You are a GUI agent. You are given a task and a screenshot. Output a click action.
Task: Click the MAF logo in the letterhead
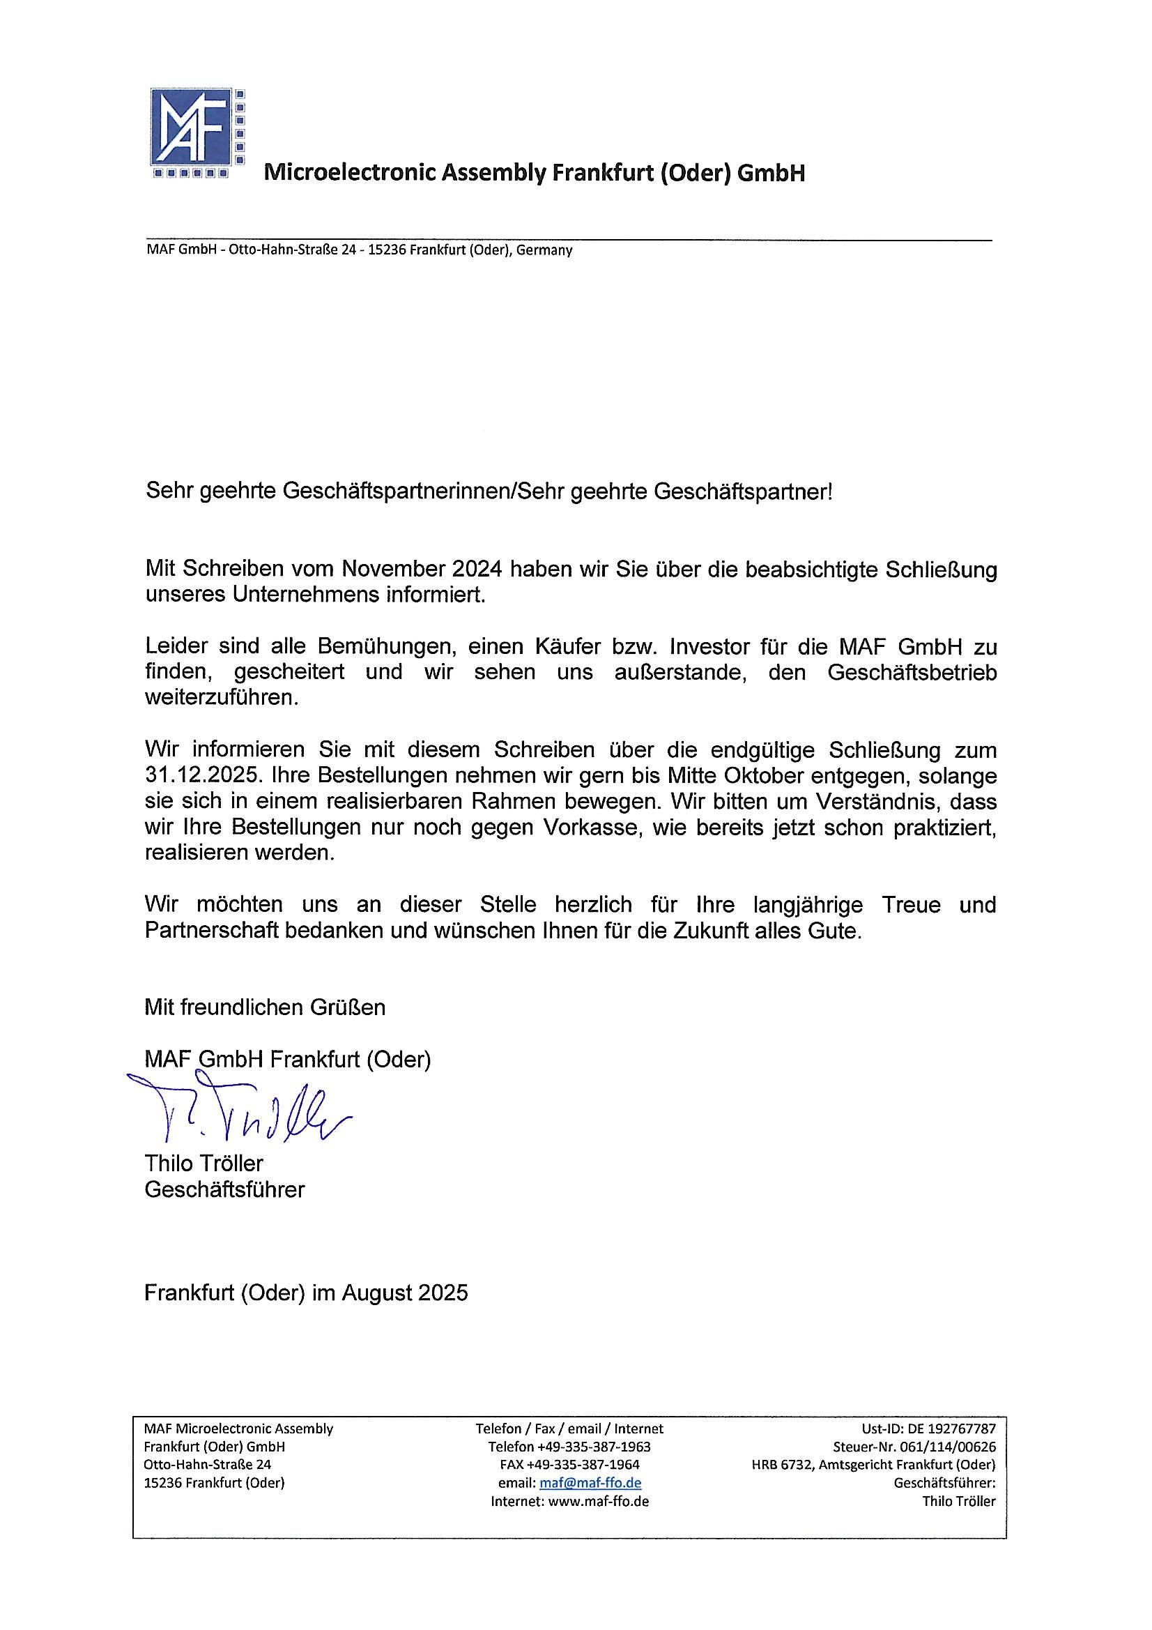[198, 133]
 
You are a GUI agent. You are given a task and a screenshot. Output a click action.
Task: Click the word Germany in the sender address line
[544, 250]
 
